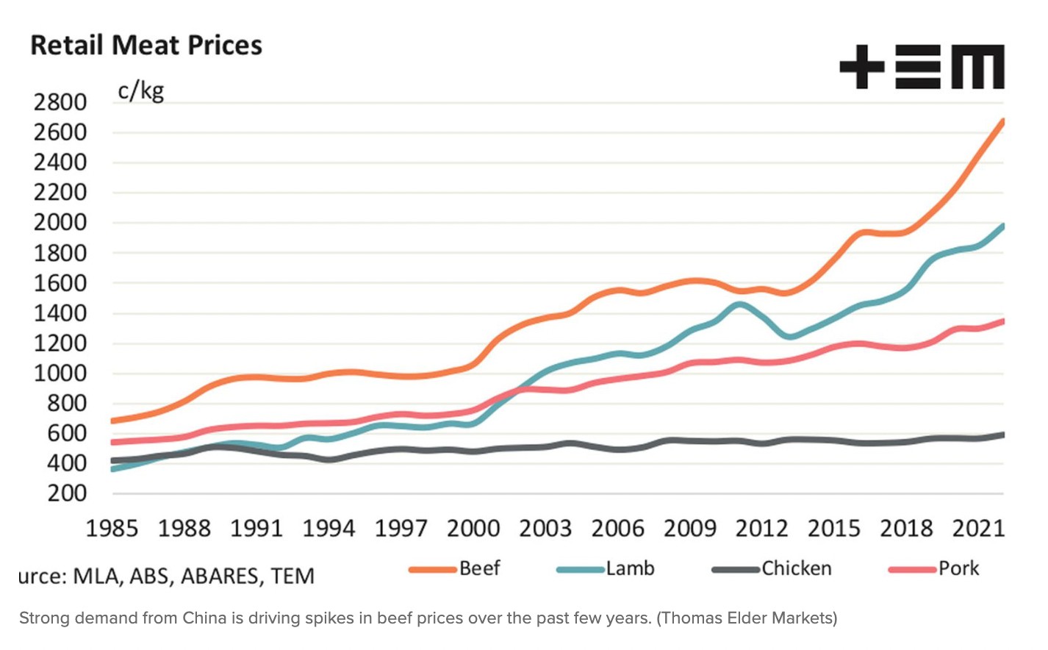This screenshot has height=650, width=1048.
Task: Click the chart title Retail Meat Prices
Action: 146,46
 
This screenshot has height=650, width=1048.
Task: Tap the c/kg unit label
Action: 140,91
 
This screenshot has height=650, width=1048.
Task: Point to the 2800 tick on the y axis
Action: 60,102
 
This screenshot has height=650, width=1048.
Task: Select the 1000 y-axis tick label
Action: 60,374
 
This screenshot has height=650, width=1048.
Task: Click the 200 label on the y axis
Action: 67,493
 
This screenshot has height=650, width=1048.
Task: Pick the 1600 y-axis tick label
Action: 60,283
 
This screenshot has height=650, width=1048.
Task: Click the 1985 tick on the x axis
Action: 112,528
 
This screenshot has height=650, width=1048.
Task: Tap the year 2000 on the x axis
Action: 473,528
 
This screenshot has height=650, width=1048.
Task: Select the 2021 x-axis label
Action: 978,528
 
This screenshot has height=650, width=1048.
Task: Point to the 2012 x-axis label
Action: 761,528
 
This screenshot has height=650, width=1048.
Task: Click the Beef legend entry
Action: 479,568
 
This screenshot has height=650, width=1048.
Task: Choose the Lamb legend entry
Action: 630,568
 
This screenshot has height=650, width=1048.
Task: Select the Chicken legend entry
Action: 796,568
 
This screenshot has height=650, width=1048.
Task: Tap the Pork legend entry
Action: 958,568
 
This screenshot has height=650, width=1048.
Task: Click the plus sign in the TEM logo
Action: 861,67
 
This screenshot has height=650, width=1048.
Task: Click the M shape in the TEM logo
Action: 977,67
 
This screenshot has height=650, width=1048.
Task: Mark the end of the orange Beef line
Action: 1002,121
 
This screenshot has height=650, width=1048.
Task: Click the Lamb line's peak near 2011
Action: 739,304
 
